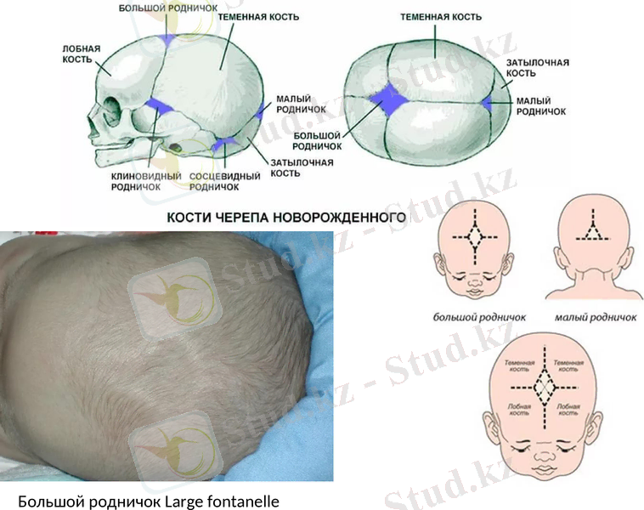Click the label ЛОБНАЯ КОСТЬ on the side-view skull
(82, 54)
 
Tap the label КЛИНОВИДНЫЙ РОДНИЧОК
(136, 181)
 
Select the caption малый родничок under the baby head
(596, 318)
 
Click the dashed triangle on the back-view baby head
(595, 229)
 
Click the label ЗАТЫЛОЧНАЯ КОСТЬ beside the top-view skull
(537, 68)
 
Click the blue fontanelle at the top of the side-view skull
(169, 39)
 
